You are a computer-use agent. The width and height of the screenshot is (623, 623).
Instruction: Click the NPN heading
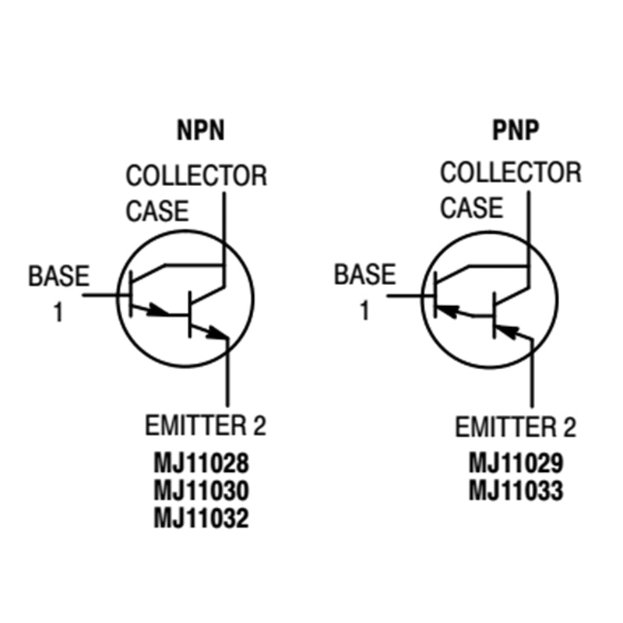[201, 130]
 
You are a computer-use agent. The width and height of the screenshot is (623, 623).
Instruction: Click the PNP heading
[515, 130]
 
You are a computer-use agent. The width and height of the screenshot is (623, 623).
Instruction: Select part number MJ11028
[201, 466]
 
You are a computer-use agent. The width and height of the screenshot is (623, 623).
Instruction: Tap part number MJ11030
[201, 492]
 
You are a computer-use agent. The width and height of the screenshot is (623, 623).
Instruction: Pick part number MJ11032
[201, 518]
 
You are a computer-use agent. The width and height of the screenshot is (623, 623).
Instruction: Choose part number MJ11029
[516, 464]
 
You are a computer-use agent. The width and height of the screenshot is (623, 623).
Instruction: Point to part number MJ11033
[516, 491]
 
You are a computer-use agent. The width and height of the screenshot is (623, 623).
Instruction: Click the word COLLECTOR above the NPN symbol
[196, 176]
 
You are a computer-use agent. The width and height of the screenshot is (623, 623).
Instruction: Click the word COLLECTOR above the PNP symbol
[511, 173]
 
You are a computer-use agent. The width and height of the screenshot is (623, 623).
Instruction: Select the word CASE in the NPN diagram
[157, 211]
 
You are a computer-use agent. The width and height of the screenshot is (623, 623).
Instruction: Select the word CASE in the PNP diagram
[472, 208]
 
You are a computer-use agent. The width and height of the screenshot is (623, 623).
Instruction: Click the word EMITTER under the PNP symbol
[504, 428]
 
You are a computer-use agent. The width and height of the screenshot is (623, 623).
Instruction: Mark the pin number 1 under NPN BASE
[58, 313]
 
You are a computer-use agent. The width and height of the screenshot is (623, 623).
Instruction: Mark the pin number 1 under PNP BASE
[364, 311]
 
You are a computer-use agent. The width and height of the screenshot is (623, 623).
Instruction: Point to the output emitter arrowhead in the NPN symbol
[219, 334]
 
